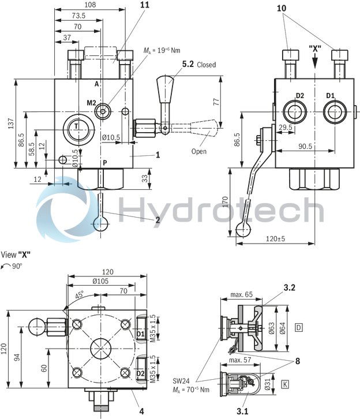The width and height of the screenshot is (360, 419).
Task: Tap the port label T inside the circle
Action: click(x=76, y=126)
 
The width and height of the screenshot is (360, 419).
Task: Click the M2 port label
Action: click(x=92, y=103)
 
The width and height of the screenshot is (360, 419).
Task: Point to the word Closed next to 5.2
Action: click(x=207, y=65)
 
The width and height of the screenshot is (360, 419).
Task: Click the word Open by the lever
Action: click(x=198, y=152)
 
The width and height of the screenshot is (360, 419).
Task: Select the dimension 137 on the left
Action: click(x=6, y=124)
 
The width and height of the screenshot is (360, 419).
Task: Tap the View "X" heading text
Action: click(x=16, y=255)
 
